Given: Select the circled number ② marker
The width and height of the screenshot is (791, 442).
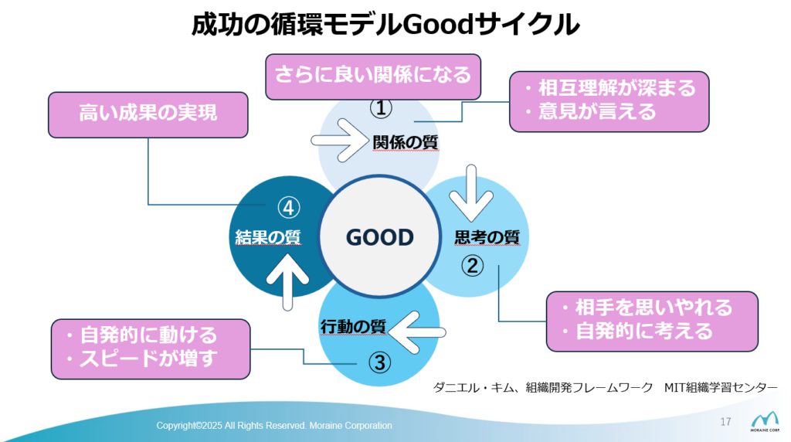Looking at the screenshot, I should click(x=473, y=266).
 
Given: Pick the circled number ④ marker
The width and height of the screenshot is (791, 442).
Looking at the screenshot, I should click(x=287, y=207).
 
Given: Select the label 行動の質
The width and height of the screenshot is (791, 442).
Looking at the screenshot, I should click(x=353, y=327).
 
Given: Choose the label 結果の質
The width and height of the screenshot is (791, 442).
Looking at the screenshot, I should click(x=267, y=237).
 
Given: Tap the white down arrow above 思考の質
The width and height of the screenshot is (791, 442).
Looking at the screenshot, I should click(x=470, y=192).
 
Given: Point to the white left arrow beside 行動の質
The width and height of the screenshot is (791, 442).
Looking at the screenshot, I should click(x=416, y=331).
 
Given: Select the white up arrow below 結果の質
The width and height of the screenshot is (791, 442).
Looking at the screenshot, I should click(x=286, y=282).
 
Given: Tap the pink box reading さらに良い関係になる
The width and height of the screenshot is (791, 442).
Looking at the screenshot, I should click(x=372, y=76).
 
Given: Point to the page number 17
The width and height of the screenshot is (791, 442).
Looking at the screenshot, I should click(x=725, y=421).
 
